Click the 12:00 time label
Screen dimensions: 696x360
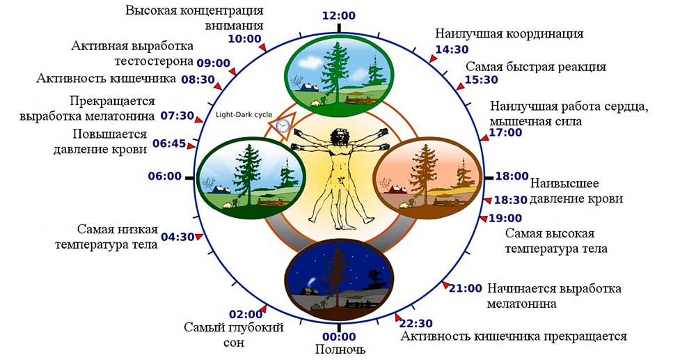[x=339, y=16]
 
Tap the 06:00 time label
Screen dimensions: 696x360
[x=165, y=177]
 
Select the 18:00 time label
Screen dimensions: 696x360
[x=512, y=176]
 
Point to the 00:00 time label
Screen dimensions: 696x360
[x=339, y=337]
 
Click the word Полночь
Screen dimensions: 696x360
[x=340, y=350]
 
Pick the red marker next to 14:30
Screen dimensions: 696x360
[x=432, y=58]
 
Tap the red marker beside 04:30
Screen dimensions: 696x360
[x=199, y=237]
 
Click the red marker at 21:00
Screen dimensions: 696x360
[x=445, y=285]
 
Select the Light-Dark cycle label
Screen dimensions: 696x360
[x=244, y=114]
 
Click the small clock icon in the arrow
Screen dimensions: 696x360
[x=282, y=126]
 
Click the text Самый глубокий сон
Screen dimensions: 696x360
[x=233, y=336]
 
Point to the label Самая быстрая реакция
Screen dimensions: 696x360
[x=536, y=67]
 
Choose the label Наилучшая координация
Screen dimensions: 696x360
[x=509, y=33]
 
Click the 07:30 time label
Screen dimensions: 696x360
[x=177, y=116]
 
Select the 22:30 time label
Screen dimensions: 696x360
[x=416, y=324]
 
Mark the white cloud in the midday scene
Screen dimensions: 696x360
[x=310, y=63]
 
